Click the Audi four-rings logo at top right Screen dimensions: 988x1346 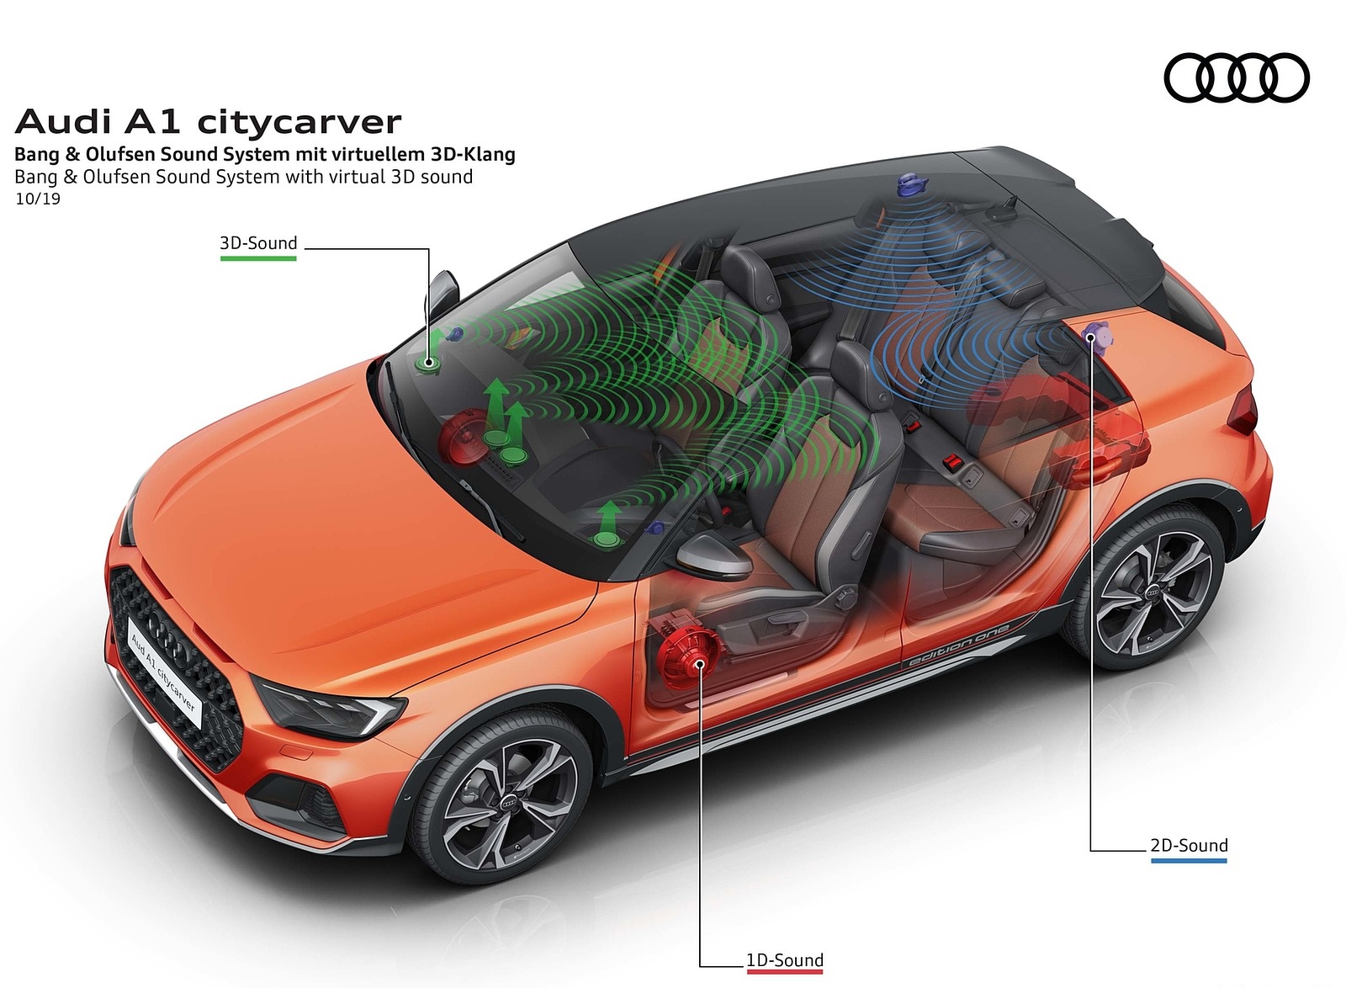click(x=1236, y=77)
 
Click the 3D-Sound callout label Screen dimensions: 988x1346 click(x=258, y=244)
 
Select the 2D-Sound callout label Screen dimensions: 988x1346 click(x=1189, y=845)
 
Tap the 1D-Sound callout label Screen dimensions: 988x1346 click(x=784, y=960)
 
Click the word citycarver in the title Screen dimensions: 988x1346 click(x=299, y=123)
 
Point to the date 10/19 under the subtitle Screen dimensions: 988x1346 click(x=38, y=199)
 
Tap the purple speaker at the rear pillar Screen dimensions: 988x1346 click(x=1095, y=336)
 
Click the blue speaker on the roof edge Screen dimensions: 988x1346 click(x=908, y=185)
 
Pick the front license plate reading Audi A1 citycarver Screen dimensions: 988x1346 click(x=163, y=671)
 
